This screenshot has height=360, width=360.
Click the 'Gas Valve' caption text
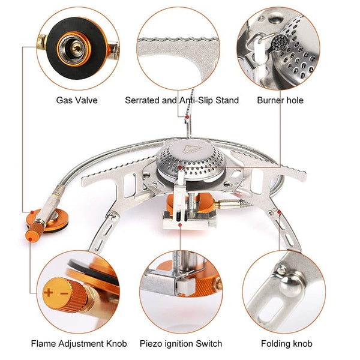(x=77, y=100)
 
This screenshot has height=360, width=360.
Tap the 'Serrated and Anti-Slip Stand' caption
(x=182, y=100)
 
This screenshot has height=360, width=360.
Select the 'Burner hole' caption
(x=280, y=100)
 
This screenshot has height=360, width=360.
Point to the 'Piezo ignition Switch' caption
(x=181, y=344)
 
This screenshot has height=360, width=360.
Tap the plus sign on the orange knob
(x=49, y=294)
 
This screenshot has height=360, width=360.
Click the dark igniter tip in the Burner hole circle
(x=278, y=43)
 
